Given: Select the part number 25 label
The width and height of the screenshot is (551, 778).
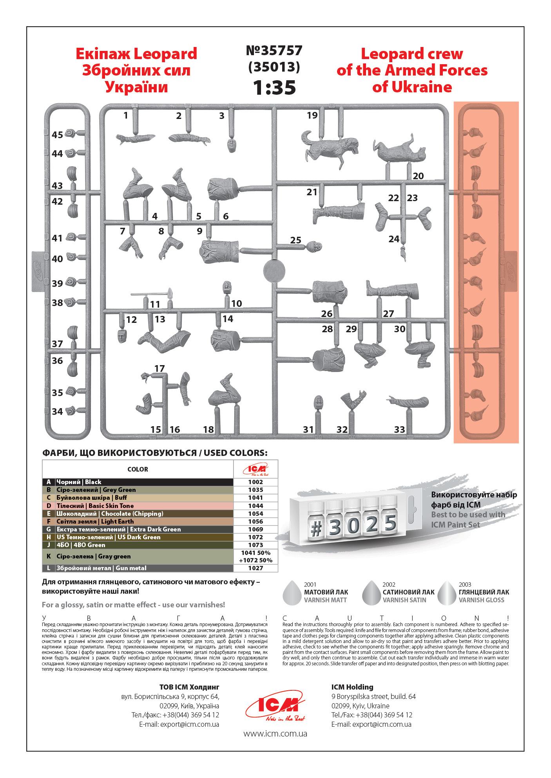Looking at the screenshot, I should tap(295, 240).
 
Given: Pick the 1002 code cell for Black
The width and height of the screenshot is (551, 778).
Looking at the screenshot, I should tap(256, 482).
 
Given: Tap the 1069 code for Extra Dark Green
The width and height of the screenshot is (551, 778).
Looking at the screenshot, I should tap(256, 529).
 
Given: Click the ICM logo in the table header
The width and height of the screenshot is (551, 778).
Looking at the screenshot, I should tap(256, 469).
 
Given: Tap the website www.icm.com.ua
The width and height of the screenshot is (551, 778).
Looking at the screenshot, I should tap(275, 733).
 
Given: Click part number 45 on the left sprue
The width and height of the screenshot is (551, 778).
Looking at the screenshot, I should tap(57, 135).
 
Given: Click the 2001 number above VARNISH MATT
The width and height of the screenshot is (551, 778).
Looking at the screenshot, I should tap(310, 585).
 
